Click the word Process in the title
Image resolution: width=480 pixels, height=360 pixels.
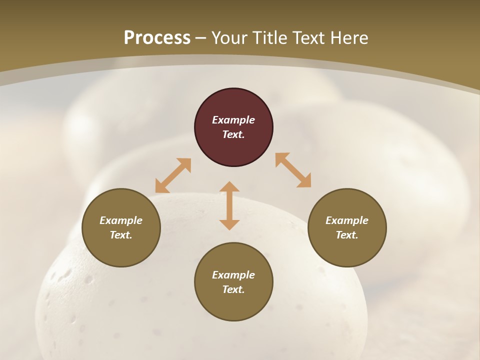click(x=157, y=38)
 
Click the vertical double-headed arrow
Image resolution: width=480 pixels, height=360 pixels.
click(x=229, y=205)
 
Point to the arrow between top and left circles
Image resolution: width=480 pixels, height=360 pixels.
click(x=173, y=175)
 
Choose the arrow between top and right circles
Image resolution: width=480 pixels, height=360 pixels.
click(x=293, y=170)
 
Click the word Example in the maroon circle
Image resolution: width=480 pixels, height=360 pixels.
click(x=233, y=120)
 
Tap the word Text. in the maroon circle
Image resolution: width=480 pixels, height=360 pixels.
click(x=233, y=134)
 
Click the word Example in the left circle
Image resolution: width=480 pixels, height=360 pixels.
click(x=121, y=220)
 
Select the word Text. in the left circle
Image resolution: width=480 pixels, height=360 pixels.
click(x=121, y=235)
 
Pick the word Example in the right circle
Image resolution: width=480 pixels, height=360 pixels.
click(x=347, y=220)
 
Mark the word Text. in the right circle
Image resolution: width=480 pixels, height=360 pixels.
click(x=347, y=235)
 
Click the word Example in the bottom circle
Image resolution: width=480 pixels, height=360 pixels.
click(x=233, y=275)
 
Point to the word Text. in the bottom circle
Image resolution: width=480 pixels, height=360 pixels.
click(x=233, y=289)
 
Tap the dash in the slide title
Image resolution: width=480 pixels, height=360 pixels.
click(x=201, y=38)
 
